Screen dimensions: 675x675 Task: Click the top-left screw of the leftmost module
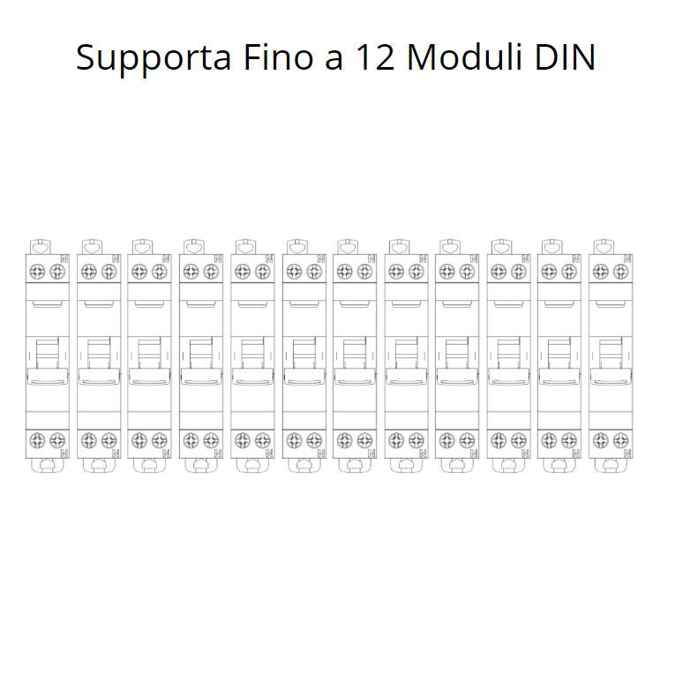[38, 271]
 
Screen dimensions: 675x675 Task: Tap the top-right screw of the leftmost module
[57, 271]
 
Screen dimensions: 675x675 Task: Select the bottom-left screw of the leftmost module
[38, 439]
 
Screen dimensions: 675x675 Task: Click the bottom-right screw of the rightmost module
[621, 439]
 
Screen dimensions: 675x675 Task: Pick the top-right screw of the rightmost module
[621, 271]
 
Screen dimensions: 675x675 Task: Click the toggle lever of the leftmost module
[48, 377]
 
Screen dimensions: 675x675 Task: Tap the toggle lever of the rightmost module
[611, 377]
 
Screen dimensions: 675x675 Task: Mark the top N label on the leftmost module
[64, 259]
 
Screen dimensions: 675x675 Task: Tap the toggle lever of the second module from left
[99, 377]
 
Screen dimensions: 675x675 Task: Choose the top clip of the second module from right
[552, 247]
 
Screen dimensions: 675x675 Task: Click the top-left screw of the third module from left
[140, 271]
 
